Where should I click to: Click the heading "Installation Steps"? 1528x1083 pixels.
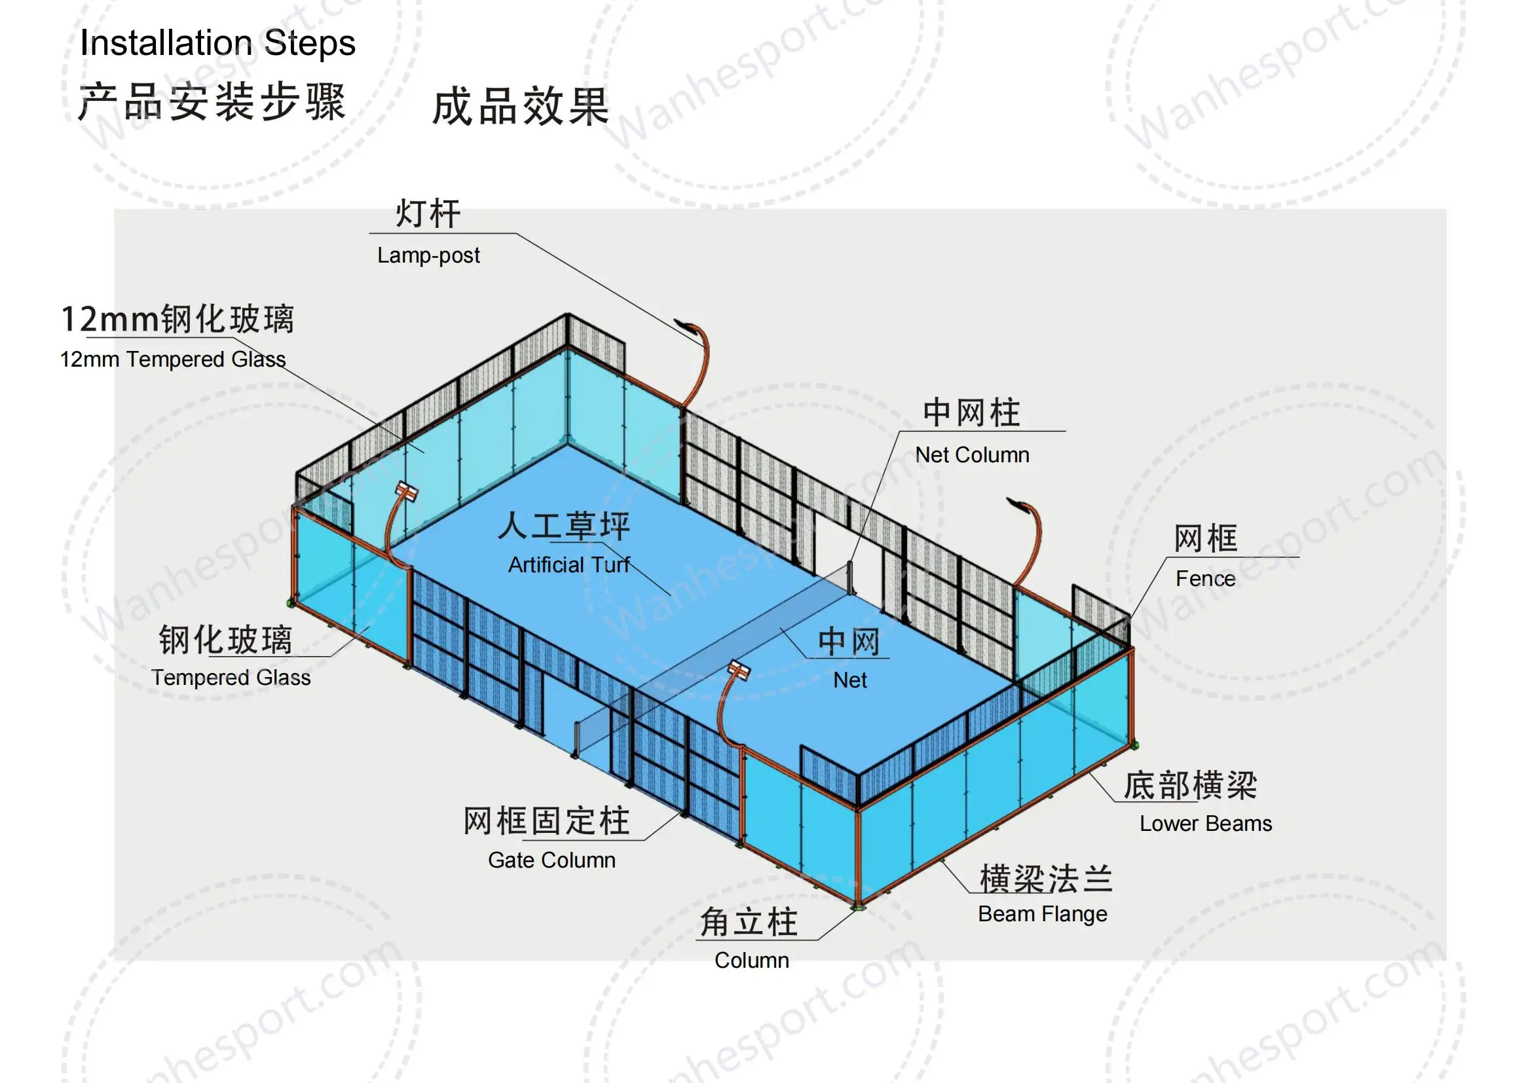tap(217, 43)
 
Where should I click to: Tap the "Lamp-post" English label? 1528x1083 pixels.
tap(428, 255)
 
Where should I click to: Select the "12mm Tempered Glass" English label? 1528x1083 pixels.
tap(173, 359)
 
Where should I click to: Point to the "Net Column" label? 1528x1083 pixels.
tap(972, 455)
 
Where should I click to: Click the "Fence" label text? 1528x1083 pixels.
tap(1204, 578)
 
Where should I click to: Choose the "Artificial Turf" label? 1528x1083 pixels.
tap(568, 565)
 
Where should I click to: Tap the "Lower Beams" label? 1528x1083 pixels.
tap(1205, 824)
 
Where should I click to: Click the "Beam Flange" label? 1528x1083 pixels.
tap(1042, 913)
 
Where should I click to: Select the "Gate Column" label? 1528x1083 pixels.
tap(551, 860)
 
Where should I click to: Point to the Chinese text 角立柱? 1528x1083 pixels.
tap(749, 923)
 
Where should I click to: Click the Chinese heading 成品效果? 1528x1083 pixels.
tap(520, 107)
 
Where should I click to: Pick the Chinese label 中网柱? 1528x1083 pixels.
tap(971, 413)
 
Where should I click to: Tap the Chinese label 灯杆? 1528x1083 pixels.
tap(428, 214)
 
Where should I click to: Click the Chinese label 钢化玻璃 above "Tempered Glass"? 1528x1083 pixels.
tap(225, 640)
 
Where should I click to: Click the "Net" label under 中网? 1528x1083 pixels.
tap(849, 680)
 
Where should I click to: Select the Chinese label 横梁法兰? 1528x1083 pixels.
tap(1046, 878)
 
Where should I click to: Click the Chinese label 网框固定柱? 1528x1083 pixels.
tap(546, 821)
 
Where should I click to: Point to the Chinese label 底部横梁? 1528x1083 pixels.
tap(1190, 786)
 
